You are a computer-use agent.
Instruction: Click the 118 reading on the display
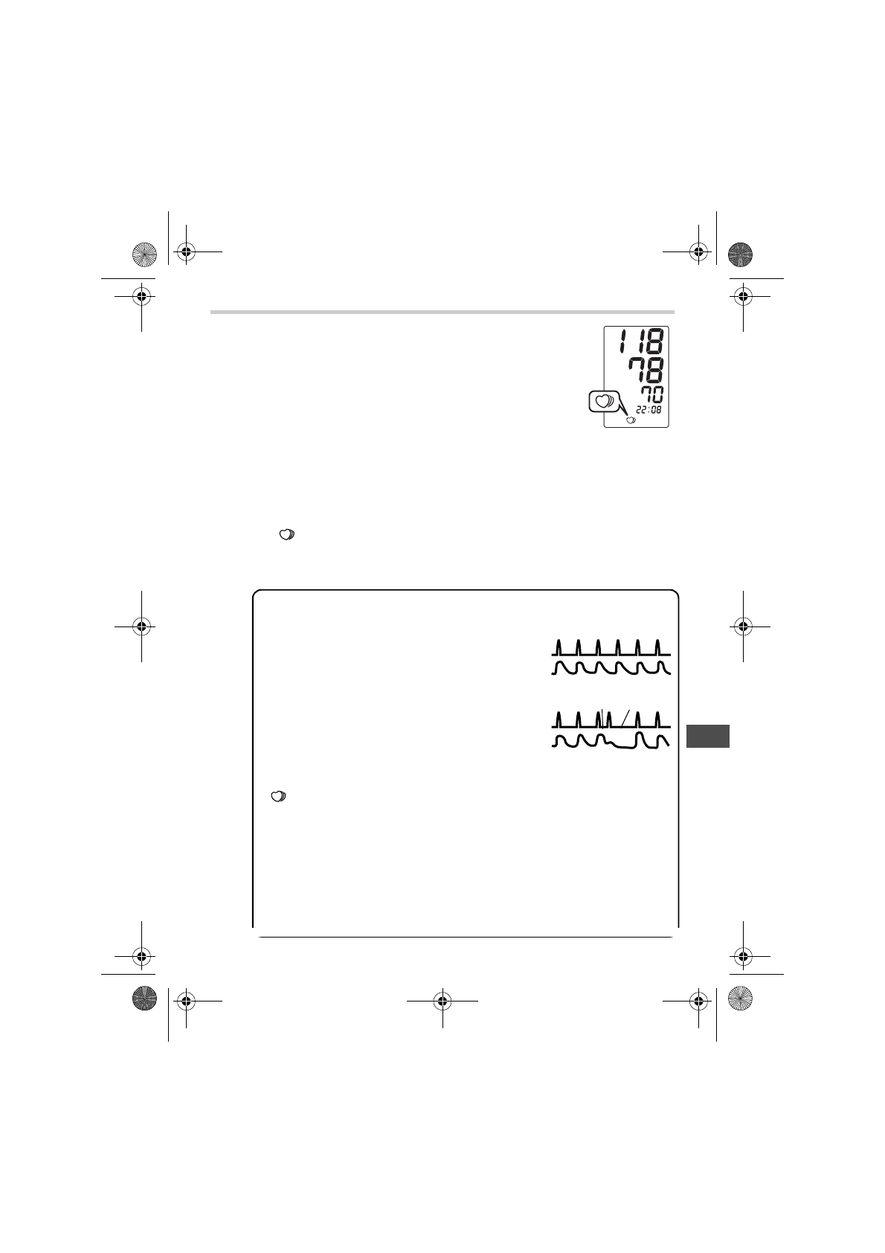[641, 341]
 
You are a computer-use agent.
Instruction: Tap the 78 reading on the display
[646, 370]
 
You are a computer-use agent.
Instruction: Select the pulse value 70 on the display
[652, 394]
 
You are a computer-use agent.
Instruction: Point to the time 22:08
[649, 409]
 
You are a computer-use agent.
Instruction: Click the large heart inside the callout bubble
[603, 401]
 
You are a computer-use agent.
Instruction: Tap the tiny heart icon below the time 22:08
[631, 420]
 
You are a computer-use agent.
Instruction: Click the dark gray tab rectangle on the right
[708, 736]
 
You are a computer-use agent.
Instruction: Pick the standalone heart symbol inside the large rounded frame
[278, 797]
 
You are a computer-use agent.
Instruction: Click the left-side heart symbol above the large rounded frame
[287, 535]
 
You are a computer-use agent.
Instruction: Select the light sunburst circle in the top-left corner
[144, 254]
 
